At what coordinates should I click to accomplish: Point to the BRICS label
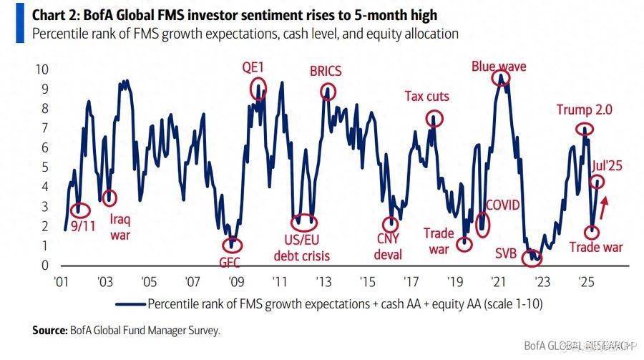[326, 72]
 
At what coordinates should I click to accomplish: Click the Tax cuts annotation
[426, 96]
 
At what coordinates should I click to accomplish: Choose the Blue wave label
[499, 67]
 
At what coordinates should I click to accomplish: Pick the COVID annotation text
[503, 205]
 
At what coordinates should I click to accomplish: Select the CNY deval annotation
[389, 246]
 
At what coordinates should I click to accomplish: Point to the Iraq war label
[119, 227]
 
